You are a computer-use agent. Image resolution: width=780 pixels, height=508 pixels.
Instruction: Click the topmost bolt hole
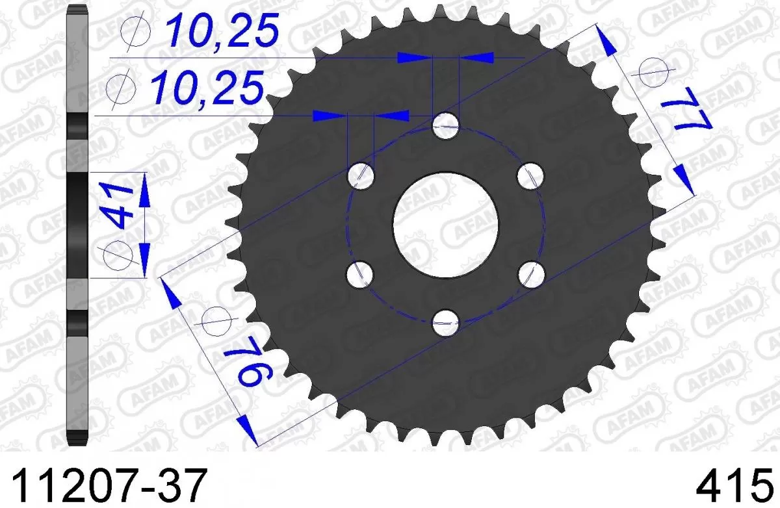coord(446,125)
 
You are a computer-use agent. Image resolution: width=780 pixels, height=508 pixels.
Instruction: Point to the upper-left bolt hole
coord(361,174)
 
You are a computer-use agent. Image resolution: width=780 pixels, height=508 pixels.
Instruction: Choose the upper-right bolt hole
coord(530,174)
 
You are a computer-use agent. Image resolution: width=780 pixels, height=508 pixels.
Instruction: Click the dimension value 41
coord(118,204)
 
